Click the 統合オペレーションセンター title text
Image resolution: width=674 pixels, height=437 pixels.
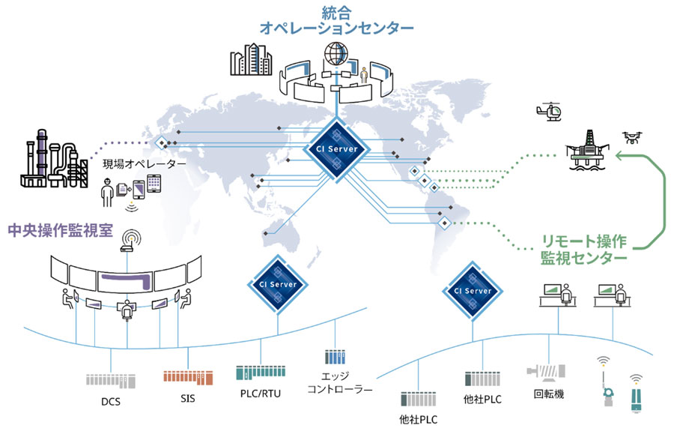(x=336, y=21)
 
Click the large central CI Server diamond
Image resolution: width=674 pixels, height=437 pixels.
(x=338, y=149)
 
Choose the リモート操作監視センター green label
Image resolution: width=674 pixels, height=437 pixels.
(x=583, y=250)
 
